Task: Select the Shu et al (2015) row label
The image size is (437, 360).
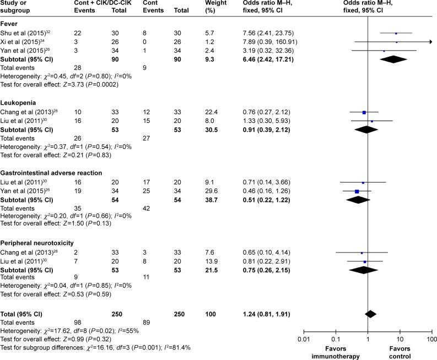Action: (26, 33)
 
